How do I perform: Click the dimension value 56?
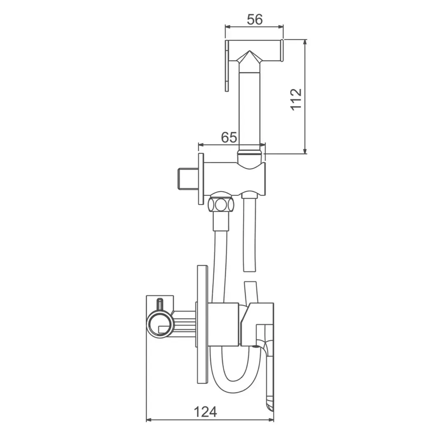click(255, 19)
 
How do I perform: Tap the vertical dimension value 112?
click(296, 99)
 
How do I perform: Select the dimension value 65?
click(229, 137)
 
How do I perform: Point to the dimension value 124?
click(205, 412)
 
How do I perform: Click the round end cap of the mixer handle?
click(160, 324)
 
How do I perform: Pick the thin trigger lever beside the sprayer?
click(227, 66)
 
